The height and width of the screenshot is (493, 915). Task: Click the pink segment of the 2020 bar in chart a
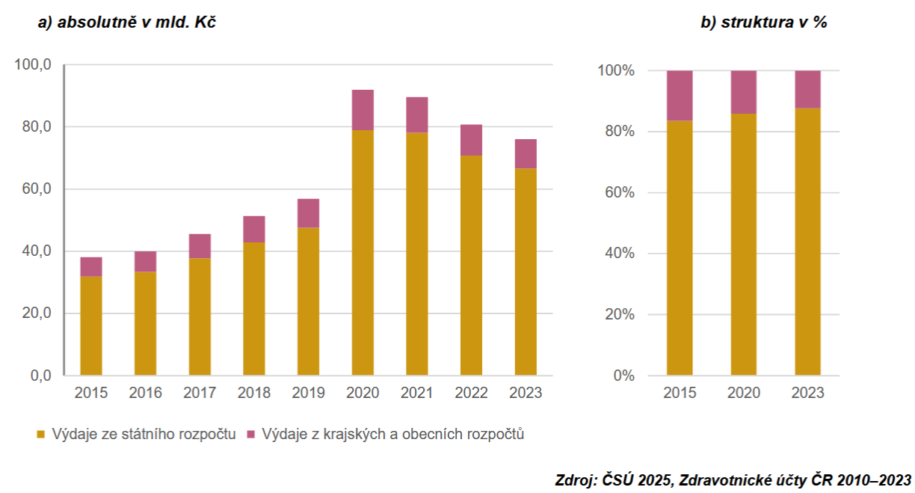[363, 110]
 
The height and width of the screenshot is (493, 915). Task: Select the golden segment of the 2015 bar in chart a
[91, 325]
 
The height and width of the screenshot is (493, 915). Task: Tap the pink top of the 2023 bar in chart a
[526, 153]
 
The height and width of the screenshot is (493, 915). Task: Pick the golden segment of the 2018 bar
[254, 308]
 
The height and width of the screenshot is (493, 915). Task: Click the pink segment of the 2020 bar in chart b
[743, 92]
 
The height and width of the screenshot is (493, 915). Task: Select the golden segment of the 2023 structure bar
[807, 242]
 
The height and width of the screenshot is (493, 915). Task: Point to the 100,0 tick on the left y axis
[33, 66]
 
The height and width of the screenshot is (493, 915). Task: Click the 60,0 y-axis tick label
[33, 189]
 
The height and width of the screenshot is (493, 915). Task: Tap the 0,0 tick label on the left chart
[37, 376]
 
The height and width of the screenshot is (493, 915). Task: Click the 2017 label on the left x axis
[200, 393]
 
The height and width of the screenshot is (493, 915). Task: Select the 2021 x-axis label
[417, 393]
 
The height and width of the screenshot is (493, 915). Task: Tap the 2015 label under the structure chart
[680, 393]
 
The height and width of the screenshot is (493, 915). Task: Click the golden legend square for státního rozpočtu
[41, 435]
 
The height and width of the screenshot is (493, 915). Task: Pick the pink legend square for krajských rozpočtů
[251, 435]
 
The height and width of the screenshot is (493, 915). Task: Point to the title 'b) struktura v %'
[763, 23]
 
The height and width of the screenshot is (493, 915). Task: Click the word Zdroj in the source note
[574, 480]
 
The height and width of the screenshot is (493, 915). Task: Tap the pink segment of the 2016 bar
[146, 261]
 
